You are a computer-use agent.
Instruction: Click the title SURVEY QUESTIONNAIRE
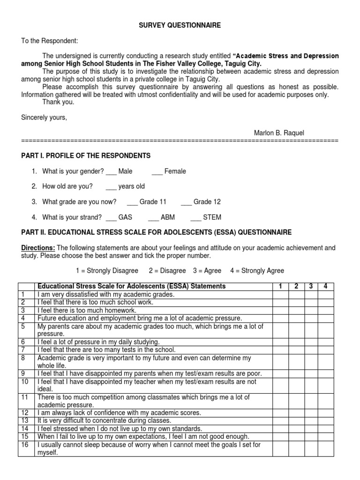(x=180, y=25)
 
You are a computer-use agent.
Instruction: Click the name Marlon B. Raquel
(x=279, y=133)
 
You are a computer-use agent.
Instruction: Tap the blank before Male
(x=111, y=172)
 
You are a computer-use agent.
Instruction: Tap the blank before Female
(x=157, y=172)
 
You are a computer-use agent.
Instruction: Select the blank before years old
(x=111, y=187)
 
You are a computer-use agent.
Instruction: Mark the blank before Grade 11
(x=132, y=202)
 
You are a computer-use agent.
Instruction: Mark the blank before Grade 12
(x=186, y=202)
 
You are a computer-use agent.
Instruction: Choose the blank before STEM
(x=195, y=217)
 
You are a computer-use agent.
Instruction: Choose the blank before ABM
(x=153, y=217)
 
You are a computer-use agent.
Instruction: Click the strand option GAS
(x=125, y=217)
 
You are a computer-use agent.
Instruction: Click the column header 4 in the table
(x=326, y=286)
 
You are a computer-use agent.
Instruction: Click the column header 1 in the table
(x=280, y=286)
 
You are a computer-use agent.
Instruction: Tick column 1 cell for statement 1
(x=280, y=294)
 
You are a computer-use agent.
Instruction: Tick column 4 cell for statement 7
(x=326, y=350)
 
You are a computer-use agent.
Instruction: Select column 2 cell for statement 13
(x=296, y=420)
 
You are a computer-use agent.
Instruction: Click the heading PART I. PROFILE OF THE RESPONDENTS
(x=86, y=156)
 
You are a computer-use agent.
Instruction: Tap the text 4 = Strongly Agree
(x=257, y=271)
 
